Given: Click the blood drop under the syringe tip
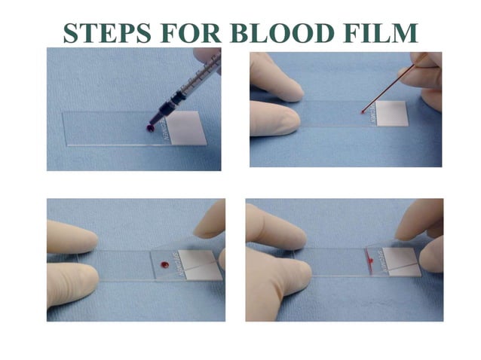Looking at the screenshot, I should coord(150,130).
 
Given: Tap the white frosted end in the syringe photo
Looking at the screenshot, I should coord(185,128).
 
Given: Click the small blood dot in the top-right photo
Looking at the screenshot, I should coord(363,111).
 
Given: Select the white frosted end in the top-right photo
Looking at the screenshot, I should coord(391,112).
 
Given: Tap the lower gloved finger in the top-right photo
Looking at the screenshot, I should coord(274,121).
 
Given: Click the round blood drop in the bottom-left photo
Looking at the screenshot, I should coord(163,264).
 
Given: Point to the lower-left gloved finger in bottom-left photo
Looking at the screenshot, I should coord(71,284).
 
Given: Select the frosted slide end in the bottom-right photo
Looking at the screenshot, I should coord(400,261).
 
